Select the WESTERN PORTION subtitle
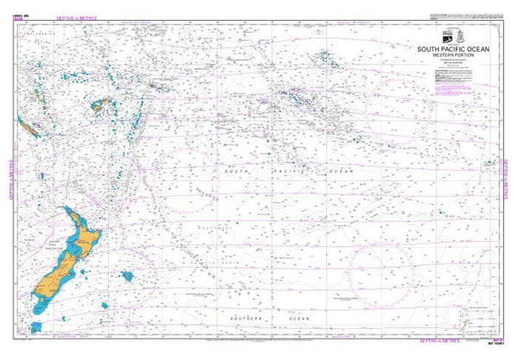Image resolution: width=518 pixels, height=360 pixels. [453, 56]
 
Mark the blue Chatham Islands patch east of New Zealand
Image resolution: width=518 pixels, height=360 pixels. [128, 277]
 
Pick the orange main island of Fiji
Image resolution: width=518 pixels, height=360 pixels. [98, 107]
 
